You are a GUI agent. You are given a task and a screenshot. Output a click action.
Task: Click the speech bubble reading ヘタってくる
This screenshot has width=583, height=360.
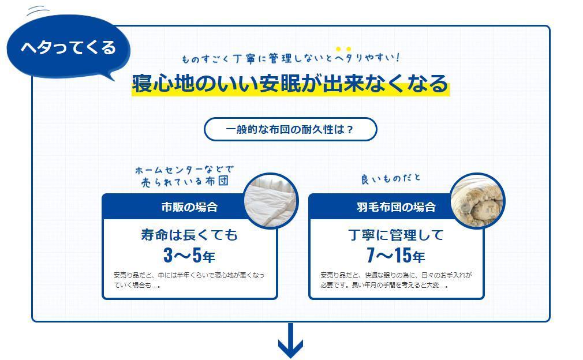pyautogui.click(x=68, y=47)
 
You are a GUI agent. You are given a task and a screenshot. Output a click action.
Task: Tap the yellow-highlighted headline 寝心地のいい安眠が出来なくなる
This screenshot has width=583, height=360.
pyautogui.click(x=290, y=84)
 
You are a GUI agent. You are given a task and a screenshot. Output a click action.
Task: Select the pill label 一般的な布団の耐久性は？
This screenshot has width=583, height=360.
pyautogui.click(x=290, y=129)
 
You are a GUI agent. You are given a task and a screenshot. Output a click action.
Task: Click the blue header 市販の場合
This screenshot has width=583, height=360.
pyautogui.click(x=189, y=207)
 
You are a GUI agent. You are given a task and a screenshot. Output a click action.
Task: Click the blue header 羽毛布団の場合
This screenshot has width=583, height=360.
pyautogui.click(x=395, y=207)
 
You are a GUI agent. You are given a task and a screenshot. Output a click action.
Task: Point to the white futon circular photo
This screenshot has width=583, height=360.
pyautogui.click(x=271, y=200)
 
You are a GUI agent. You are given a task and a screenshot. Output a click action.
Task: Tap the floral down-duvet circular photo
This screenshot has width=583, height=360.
pyautogui.click(x=477, y=200)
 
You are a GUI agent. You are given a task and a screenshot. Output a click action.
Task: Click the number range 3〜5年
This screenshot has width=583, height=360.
pyautogui.click(x=189, y=255)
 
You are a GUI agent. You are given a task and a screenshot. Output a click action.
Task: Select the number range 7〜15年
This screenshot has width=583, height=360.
pyautogui.click(x=395, y=255)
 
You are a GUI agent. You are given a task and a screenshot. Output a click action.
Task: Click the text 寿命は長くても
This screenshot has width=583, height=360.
pyautogui.click(x=189, y=235)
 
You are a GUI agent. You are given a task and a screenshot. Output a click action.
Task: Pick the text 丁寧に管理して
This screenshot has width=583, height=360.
pyautogui.click(x=395, y=235)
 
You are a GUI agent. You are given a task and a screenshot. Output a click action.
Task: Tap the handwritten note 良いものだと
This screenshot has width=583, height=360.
pyautogui.click(x=391, y=179)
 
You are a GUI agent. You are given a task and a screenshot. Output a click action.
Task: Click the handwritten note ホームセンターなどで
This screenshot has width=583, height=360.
pyautogui.click(x=184, y=170)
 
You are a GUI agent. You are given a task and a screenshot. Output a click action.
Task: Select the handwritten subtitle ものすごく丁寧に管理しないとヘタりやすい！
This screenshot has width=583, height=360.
pyautogui.click(x=290, y=58)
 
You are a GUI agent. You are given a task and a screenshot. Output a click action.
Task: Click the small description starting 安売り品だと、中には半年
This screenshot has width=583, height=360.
pyautogui.click(x=189, y=280)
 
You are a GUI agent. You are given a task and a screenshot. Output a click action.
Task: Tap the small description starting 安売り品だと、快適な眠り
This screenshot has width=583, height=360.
pyautogui.click(x=395, y=280)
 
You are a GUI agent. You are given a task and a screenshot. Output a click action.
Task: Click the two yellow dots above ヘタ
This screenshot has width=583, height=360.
pyautogui.click(x=343, y=49)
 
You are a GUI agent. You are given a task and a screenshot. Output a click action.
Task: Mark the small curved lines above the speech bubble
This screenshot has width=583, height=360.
pyautogui.click(x=38, y=9)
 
